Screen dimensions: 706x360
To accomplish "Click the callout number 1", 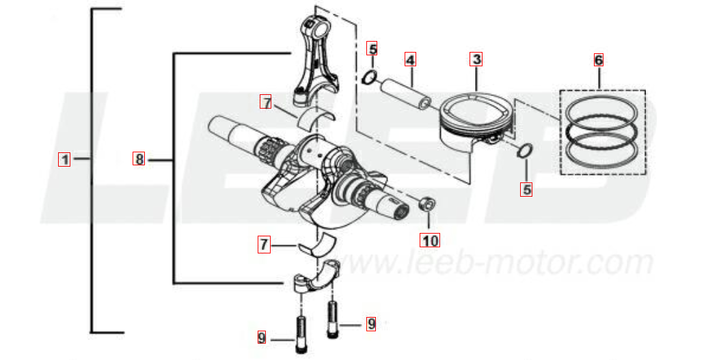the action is tap(64, 159).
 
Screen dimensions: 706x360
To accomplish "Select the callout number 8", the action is tap(139, 159).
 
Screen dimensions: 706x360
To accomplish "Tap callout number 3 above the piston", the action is tap(476, 59).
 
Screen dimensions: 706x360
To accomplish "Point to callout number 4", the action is tap(410, 59).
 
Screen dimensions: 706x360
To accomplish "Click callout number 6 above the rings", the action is tap(599, 60).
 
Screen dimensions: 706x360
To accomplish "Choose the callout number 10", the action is tap(430, 240).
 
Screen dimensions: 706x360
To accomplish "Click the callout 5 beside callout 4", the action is tap(372, 48).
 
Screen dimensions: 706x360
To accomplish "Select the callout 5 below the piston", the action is tap(526, 189).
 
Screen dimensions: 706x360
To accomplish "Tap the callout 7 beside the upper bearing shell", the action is tap(267, 102).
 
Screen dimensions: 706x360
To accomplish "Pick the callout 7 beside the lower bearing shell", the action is tap(264, 245).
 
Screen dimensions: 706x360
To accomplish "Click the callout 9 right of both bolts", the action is tap(370, 324).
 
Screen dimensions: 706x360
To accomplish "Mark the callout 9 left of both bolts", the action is tap(262, 337).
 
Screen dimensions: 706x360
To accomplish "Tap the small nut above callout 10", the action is tap(427, 204).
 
